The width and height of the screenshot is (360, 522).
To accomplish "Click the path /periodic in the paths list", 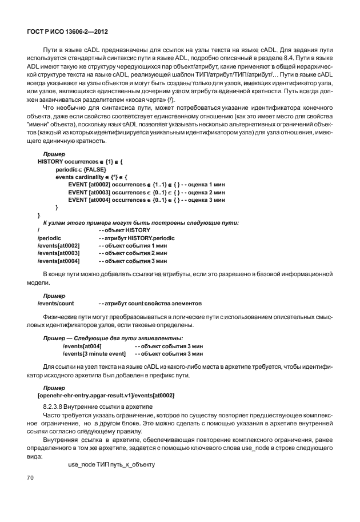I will pos(49,237).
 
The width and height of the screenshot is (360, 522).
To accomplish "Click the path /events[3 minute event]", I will pos(93,354).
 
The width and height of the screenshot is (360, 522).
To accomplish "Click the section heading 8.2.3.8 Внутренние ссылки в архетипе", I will pos(92,405).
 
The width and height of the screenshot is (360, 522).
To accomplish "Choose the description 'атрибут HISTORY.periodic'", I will pos(137,237).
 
